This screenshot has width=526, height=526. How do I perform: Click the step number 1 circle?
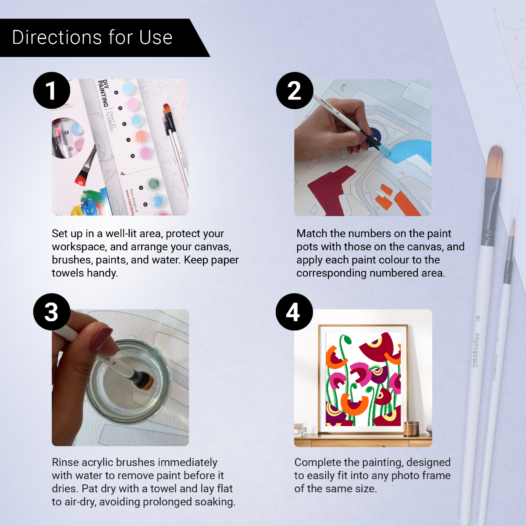[52, 91]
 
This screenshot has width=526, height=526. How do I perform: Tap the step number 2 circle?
[295, 91]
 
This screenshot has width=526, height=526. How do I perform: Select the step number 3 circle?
[52, 312]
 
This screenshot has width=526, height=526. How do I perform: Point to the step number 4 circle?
[294, 312]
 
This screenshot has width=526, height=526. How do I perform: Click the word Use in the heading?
[156, 38]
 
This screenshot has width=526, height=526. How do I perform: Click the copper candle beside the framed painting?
[411, 428]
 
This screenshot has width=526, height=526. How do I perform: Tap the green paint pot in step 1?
[153, 183]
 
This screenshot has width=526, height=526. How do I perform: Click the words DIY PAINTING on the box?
[103, 93]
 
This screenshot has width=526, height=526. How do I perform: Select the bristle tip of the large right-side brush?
[495, 162]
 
